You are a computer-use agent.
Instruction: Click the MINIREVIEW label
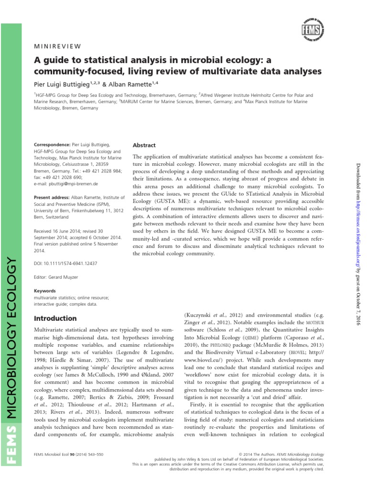(x=58, y=46)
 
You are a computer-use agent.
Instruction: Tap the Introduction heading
(x=56, y=318)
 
